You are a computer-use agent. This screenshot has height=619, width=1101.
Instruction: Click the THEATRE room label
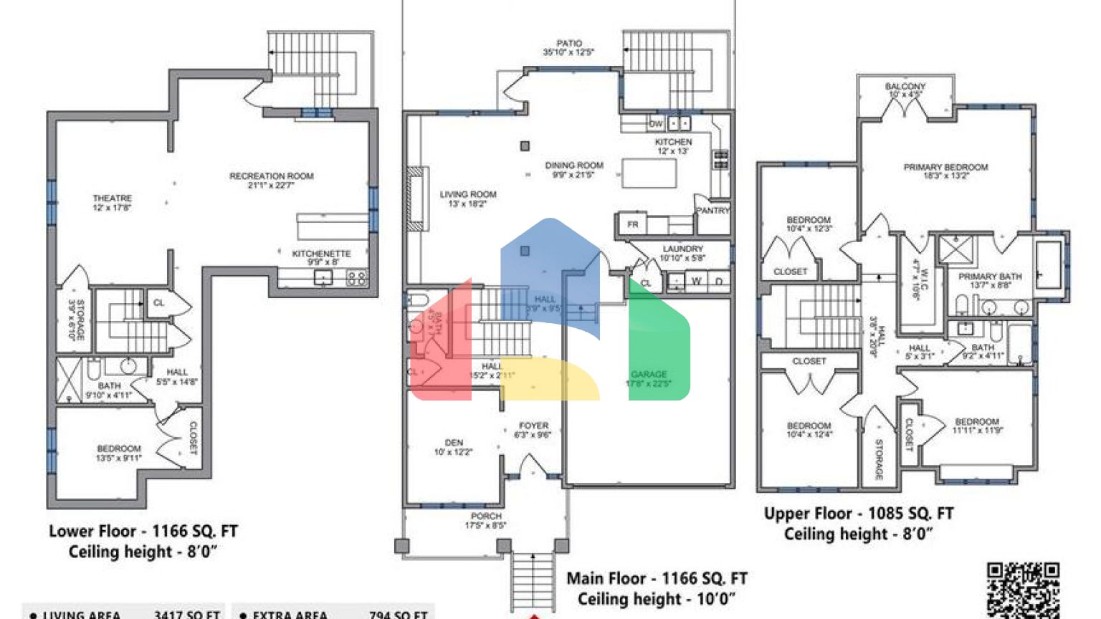[112, 198]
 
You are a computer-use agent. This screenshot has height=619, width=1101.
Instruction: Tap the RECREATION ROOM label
[271, 176]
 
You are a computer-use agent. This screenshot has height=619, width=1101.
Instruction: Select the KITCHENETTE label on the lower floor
[321, 254]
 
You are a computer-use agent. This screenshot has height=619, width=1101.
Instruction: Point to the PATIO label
[569, 44]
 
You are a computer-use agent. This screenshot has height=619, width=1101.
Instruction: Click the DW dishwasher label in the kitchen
[655, 124]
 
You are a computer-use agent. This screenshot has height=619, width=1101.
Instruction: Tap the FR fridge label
[632, 224]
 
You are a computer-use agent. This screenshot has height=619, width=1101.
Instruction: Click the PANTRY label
[712, 211]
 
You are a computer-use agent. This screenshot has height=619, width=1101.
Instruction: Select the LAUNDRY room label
[682, 249]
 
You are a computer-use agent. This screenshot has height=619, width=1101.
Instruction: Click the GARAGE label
[649, 375]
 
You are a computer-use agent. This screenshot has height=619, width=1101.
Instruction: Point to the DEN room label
[454, 443]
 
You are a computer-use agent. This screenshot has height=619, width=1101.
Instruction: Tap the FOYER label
[533, 426]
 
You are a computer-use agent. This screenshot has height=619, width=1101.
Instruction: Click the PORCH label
[486, 516]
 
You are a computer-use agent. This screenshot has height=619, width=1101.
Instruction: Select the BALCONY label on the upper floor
[905, 86]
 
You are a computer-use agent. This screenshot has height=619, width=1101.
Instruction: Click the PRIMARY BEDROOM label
[945, 167]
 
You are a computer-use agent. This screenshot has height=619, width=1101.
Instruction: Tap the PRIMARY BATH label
[990, 277]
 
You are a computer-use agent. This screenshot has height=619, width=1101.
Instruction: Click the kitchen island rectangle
[649, 173]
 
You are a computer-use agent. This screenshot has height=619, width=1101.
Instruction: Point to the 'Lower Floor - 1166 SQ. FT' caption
[143, 532]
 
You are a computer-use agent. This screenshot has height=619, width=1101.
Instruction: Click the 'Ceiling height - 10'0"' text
[656, 599]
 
